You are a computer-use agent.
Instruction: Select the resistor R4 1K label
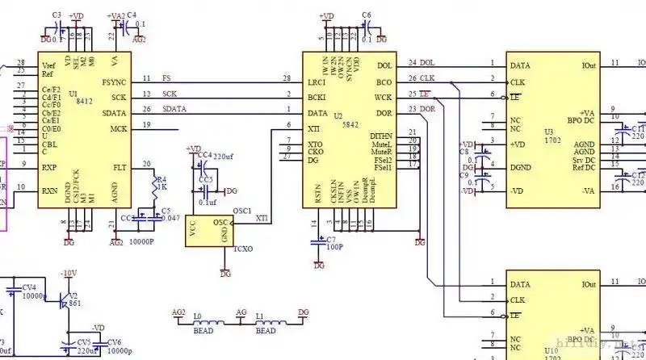coord(160,185)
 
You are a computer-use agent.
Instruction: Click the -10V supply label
coord(69,274)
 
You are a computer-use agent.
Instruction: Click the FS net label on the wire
coord(166,78)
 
